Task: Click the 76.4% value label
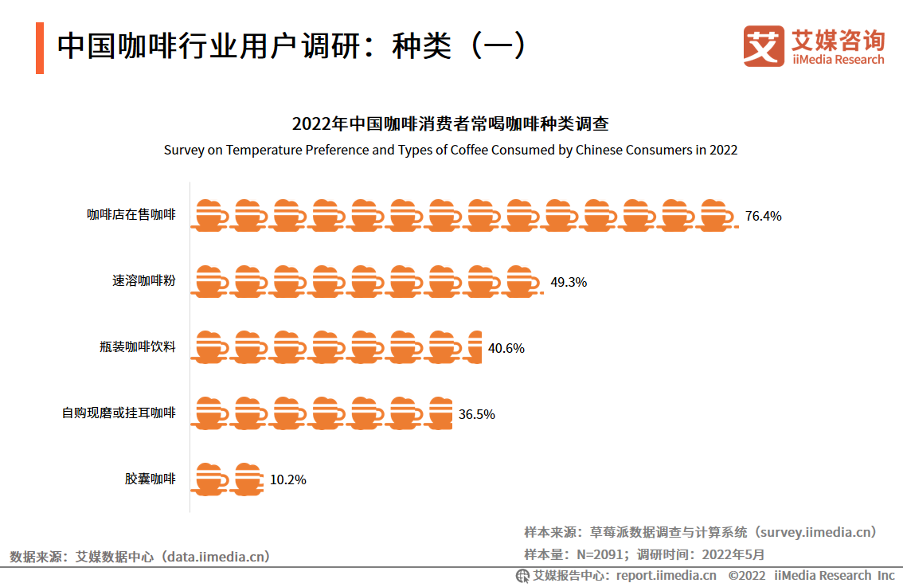(763, 216)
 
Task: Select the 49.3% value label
(569, 282)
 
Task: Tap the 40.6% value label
(506, 348)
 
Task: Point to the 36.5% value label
(476, 414)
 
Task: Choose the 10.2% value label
(287, 479)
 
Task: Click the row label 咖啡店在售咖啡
(131, 215)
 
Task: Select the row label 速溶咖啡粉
(144, 281)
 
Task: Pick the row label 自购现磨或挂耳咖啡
(119, 413)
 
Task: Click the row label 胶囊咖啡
(150, 479)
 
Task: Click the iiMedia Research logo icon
(764, 46)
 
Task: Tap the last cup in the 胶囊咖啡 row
(248, 479)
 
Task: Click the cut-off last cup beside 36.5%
(441, 413)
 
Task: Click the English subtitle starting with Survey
(451, 150)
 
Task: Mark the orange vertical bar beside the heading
(40, 49)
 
